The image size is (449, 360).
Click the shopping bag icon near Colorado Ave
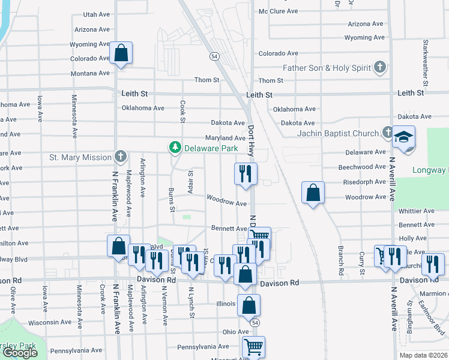click(x=121, y=53)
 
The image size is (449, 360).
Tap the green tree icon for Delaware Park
click(x=175, y=147)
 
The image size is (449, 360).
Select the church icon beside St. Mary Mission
click(x=120, y=157)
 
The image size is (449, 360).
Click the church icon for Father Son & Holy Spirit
click(x=379, y=67)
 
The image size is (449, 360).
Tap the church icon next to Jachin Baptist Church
click(x=388, y=133)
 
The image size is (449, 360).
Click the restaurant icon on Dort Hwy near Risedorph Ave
click(x=246, y=173)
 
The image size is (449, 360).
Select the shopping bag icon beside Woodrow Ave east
click(x=313, y=193)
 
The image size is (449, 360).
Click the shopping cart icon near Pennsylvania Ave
click(x=253, y=346)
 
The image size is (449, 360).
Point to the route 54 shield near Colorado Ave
click(x=214, y=56)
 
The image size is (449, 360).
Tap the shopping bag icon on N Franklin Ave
click(x=118, y=245)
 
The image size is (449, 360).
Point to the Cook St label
click(x=182, y=109)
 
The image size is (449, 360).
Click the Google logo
click(x=20, y=353)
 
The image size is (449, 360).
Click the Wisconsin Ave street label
click(x=50, y=322)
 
